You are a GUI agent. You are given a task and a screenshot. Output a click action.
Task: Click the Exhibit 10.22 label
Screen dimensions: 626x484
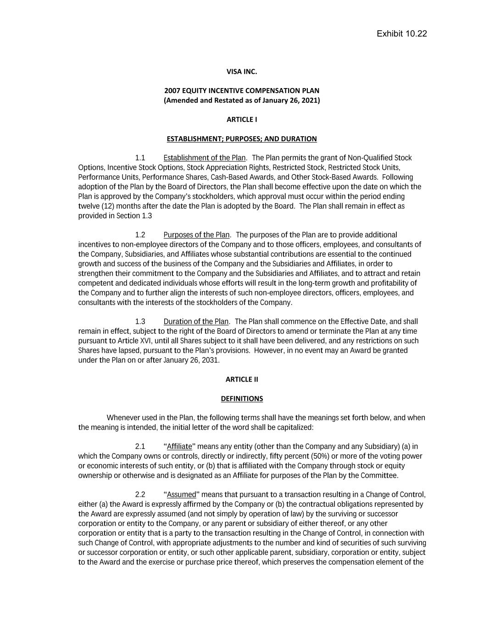401,33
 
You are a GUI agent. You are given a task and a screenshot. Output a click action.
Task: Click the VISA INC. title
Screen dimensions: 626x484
242,72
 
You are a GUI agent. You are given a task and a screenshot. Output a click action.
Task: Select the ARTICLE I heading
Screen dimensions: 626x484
242,119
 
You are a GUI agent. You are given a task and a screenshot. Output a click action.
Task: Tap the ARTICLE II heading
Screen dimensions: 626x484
242,379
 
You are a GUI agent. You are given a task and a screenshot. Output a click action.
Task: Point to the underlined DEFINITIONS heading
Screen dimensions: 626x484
242,399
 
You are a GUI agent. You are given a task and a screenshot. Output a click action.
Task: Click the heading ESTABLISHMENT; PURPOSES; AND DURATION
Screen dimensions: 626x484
241,138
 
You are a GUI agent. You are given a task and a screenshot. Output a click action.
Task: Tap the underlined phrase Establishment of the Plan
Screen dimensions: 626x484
205,158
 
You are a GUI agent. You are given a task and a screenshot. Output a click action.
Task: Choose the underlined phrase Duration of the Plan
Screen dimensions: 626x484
196,321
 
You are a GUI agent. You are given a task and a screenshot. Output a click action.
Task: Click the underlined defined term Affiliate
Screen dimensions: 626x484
179,446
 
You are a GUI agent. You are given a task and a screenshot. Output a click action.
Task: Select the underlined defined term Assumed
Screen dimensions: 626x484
181,494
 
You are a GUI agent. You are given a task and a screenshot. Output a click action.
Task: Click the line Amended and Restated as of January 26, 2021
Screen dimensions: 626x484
242,100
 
